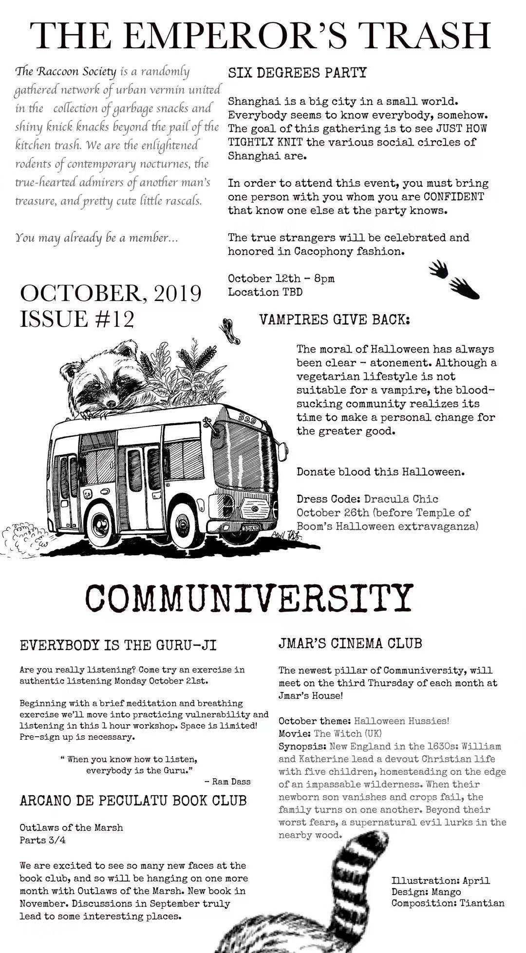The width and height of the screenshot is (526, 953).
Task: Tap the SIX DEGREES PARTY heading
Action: click(x=297, y=73)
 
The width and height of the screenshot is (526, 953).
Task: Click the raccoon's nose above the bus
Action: click(x=112, y=403)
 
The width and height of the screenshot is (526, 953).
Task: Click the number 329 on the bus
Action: click(x=250, y=418)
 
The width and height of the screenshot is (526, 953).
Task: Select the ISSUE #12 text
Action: click(x=76, y=319)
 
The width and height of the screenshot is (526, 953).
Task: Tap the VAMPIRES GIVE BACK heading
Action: click(x=335, y=320)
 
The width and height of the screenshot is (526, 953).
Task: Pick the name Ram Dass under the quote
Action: click(x=231, y=782)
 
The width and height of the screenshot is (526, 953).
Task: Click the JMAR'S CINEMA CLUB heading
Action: click(x=350, y=643)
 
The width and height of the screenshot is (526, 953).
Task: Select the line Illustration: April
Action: click(x=441, y=880)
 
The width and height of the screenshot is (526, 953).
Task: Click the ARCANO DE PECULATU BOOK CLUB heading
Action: click(x=133, y=801)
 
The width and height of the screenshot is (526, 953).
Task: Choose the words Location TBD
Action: click(x=265, y=292)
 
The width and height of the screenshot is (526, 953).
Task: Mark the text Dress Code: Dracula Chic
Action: click(x=367, y=499)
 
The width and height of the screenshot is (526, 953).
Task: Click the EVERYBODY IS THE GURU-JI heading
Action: click(x=118, y=645)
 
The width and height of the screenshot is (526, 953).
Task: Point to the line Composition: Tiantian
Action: click(x=448, y=903)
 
